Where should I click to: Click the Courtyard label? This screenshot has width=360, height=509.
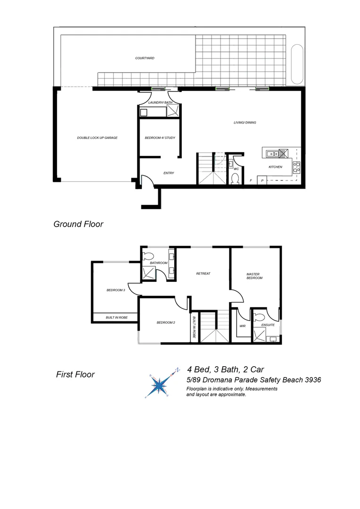[145, 58]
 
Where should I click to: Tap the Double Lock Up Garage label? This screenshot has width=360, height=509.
[97, 138]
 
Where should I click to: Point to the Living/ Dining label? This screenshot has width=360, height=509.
[245, 123]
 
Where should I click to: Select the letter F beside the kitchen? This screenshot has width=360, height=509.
[251, 181]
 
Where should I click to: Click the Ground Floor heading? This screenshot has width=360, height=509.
[78, 224]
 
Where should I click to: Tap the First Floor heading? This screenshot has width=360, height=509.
[75, 375]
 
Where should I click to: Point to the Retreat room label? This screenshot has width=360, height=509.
[203, 273]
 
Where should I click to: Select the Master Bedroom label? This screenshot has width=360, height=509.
[254, 276]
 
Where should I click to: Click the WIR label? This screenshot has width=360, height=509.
[243, 326]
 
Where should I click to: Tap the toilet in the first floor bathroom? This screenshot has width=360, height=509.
[147, 256]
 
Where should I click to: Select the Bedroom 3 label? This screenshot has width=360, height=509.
[115, 290]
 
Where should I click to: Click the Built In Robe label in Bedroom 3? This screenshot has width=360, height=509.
[115, 318]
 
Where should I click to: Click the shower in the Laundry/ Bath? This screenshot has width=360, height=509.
[173, 111]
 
